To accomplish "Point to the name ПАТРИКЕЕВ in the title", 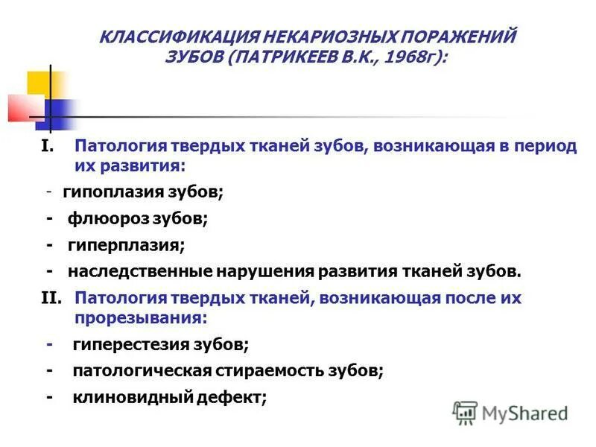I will point(288,57).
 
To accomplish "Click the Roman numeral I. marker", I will point(48,146).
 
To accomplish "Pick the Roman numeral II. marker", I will point(53,299).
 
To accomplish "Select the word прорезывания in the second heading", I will point(139,317).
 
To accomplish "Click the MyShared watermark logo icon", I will point(466,413).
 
